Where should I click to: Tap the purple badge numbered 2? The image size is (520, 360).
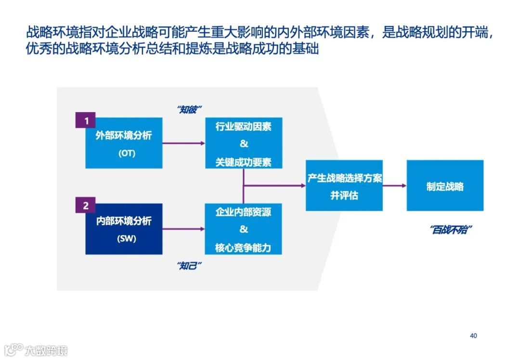(x=86, y=206)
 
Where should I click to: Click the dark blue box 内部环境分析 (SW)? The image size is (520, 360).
(x=124, y=229)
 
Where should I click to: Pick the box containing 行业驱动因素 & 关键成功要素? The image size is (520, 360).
(x=243, y=143)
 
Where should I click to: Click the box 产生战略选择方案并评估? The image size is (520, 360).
(x=344, y=185)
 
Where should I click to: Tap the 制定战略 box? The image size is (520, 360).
(x=445, y=185)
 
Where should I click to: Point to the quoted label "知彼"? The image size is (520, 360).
(x=189, y=109)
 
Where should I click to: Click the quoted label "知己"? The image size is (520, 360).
(x=189, y=266)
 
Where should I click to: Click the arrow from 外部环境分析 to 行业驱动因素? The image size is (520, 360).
(x=183, y=143)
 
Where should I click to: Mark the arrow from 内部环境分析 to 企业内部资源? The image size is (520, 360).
(x=183, y=229)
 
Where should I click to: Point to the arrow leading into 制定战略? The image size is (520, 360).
(x=394, y=185)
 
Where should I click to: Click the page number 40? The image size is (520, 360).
(x=473, y=335)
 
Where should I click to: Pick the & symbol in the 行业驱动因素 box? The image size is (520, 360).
(x=243, y=144)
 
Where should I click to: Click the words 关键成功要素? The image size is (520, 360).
(x=243, y=162)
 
